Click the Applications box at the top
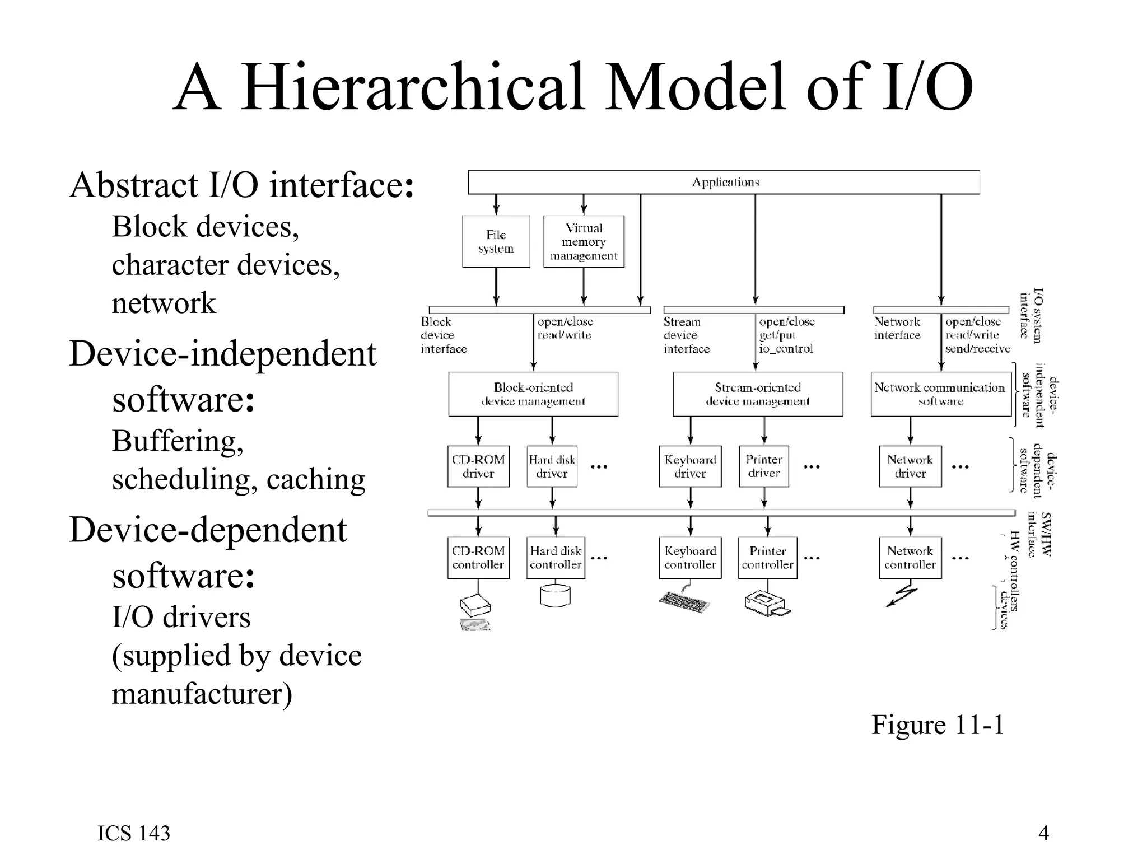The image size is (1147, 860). click(x=724, y=183)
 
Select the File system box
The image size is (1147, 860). click(x=496, y=242)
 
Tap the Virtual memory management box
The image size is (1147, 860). click(x=584, y=242)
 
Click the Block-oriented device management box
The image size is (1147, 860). click(x=533, y=394)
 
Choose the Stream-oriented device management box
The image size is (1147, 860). click(x=757, y=394)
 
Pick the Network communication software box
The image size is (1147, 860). click(x=940, y=394)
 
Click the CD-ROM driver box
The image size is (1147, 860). click(x=478, y=466)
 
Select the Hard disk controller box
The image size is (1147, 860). click(x=556, y=558)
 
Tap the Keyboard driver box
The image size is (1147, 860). click(x=690, y=466)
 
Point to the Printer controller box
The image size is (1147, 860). click(x=767, y=558)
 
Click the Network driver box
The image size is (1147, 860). click(x=910, y=466)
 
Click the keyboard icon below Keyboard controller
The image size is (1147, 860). click(x=684, y=602)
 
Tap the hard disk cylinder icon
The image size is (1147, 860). click(x=555, y=596)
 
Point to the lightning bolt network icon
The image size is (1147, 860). click(x=902, y=596)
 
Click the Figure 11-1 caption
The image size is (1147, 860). click(x=938, y=725)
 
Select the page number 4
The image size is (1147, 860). click(x=1043, y=833)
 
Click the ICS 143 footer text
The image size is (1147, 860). click(x=134, y=833)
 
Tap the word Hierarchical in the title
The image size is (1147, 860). click(x=413, y=88)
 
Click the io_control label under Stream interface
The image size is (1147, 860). click(x=786, y=349)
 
